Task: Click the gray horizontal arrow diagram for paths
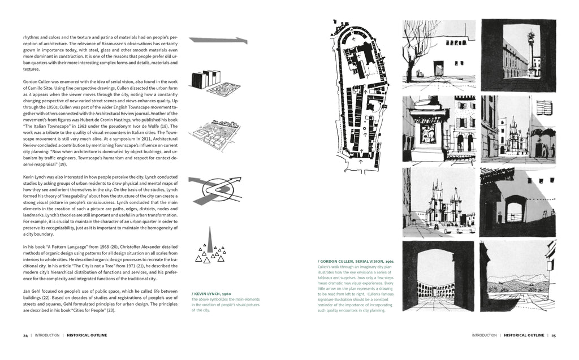(218, 41)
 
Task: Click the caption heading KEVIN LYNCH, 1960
(211, 294)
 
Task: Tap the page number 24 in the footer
(25, 335)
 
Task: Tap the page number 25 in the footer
(554, 335)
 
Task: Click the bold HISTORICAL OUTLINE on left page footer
(87, 335)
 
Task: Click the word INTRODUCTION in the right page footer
(484, 335)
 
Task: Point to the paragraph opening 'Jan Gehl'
(32, 291)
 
